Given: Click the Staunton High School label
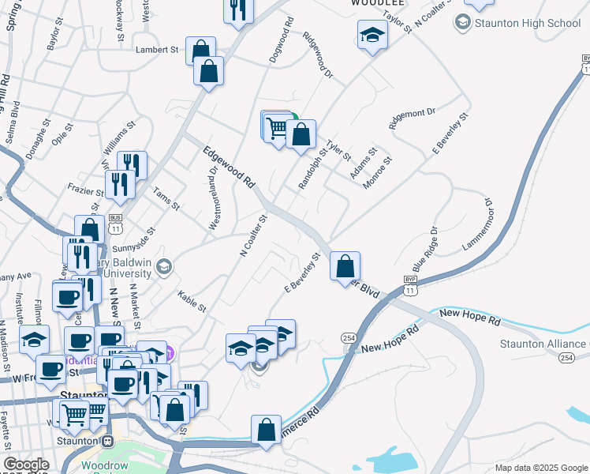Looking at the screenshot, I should click(x=527, y=23).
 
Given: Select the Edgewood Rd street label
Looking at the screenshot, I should click(x=229, y=167).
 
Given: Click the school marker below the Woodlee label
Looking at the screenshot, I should click(x=372, y=36).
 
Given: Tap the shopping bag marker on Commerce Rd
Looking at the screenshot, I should click(x=267, y=431).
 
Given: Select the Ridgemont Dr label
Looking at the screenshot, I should click(x=412, y=118).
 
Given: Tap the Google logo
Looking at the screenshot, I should click(x=26, y=465).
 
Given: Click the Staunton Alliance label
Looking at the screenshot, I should click(x=544, y=344).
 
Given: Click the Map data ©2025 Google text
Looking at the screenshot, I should click(x=541, y=468).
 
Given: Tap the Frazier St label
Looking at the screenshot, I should click(x=89, y=191).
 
